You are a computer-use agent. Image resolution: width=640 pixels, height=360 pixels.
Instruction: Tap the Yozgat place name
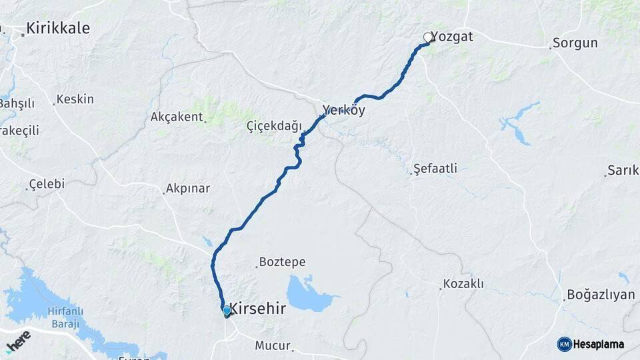(452, 37)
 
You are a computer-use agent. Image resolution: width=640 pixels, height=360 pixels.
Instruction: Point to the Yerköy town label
(343, 111)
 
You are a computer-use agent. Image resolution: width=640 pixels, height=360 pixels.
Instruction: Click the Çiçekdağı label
(274, 126)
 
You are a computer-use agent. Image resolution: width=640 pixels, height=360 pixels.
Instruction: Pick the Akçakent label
(176, 117)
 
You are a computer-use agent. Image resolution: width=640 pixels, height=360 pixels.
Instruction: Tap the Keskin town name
(75, 99)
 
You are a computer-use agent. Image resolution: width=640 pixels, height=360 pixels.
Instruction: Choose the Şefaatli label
(435, 169)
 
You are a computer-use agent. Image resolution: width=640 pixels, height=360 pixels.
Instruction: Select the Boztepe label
(282, 262)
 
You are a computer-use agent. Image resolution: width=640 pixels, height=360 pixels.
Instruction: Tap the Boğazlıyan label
(600, 295)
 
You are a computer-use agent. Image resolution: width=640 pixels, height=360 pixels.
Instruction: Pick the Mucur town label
(273, 345)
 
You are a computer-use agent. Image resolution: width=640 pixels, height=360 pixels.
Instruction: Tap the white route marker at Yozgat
(427, 37)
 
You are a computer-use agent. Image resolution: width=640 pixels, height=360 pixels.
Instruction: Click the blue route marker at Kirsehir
(227, 311)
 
